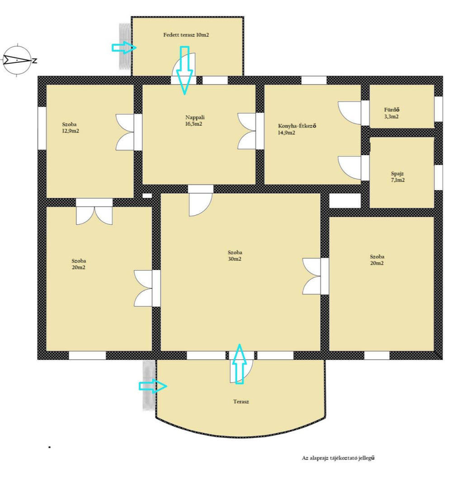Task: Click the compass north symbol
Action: (18, 60)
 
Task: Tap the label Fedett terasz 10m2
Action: (186, 35)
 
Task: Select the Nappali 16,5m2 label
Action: (194, 121)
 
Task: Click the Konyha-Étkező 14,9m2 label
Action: (297, 129)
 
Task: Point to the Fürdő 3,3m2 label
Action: (392, 113)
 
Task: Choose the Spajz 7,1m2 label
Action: (397, 177)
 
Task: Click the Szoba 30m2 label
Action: (235, 255)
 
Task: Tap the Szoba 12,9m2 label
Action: (71, 127)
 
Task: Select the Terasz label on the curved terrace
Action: (241, 401)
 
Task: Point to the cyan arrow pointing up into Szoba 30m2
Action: (239, 364)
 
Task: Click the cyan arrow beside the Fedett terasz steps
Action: (124, 48)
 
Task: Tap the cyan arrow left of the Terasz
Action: (153, 386)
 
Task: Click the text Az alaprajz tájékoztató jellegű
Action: (338, 458)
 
